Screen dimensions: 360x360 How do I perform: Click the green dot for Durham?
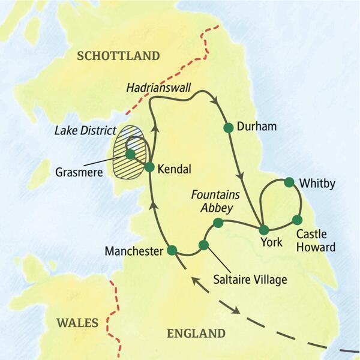(x=228, y=127)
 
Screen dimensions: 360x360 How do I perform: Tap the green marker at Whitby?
(x=289, y=182)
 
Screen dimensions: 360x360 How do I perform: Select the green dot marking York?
(x=263, y=229)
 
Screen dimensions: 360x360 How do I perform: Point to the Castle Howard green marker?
(x=297, y=220)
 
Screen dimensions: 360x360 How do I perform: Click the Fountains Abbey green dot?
(x=218, y=223)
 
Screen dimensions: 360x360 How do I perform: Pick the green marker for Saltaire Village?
(x=203, y=245)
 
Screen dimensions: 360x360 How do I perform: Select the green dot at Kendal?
(x=149, y=167)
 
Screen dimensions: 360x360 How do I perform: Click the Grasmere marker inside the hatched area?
(x=130, y=154)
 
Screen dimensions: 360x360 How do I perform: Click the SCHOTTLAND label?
(x=119, y=56)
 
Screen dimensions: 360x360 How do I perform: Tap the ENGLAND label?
(x=197, y=334)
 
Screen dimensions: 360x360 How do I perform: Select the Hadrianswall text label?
(x=158, y=88)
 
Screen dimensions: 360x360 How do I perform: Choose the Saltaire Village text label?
(x=249, y=279)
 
